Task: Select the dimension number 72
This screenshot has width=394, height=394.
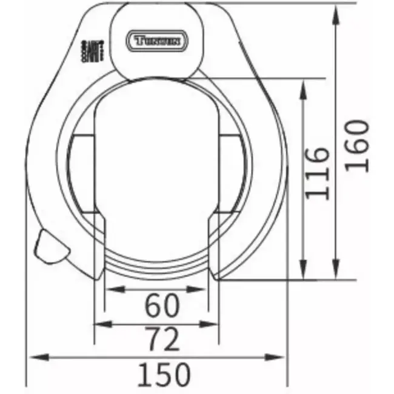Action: [162, 340]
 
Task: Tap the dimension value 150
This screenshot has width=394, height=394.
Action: [162, 375]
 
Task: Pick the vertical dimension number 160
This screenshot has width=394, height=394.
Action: [356, 145]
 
